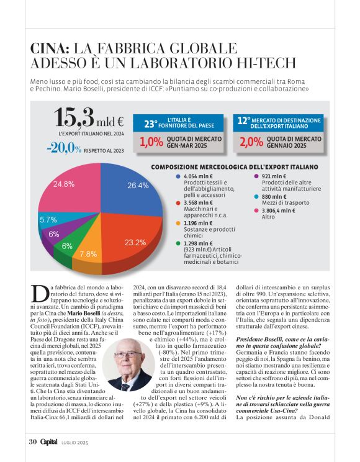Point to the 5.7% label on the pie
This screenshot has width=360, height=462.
pyautogui.click(x=48, y=220)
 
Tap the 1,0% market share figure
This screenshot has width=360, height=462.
pyautogui.click(x=151, y=142)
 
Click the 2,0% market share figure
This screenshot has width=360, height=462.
pyautogui.click(x=251, y=142)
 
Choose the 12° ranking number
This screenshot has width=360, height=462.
pyautogui.click(x=245, y=122)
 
